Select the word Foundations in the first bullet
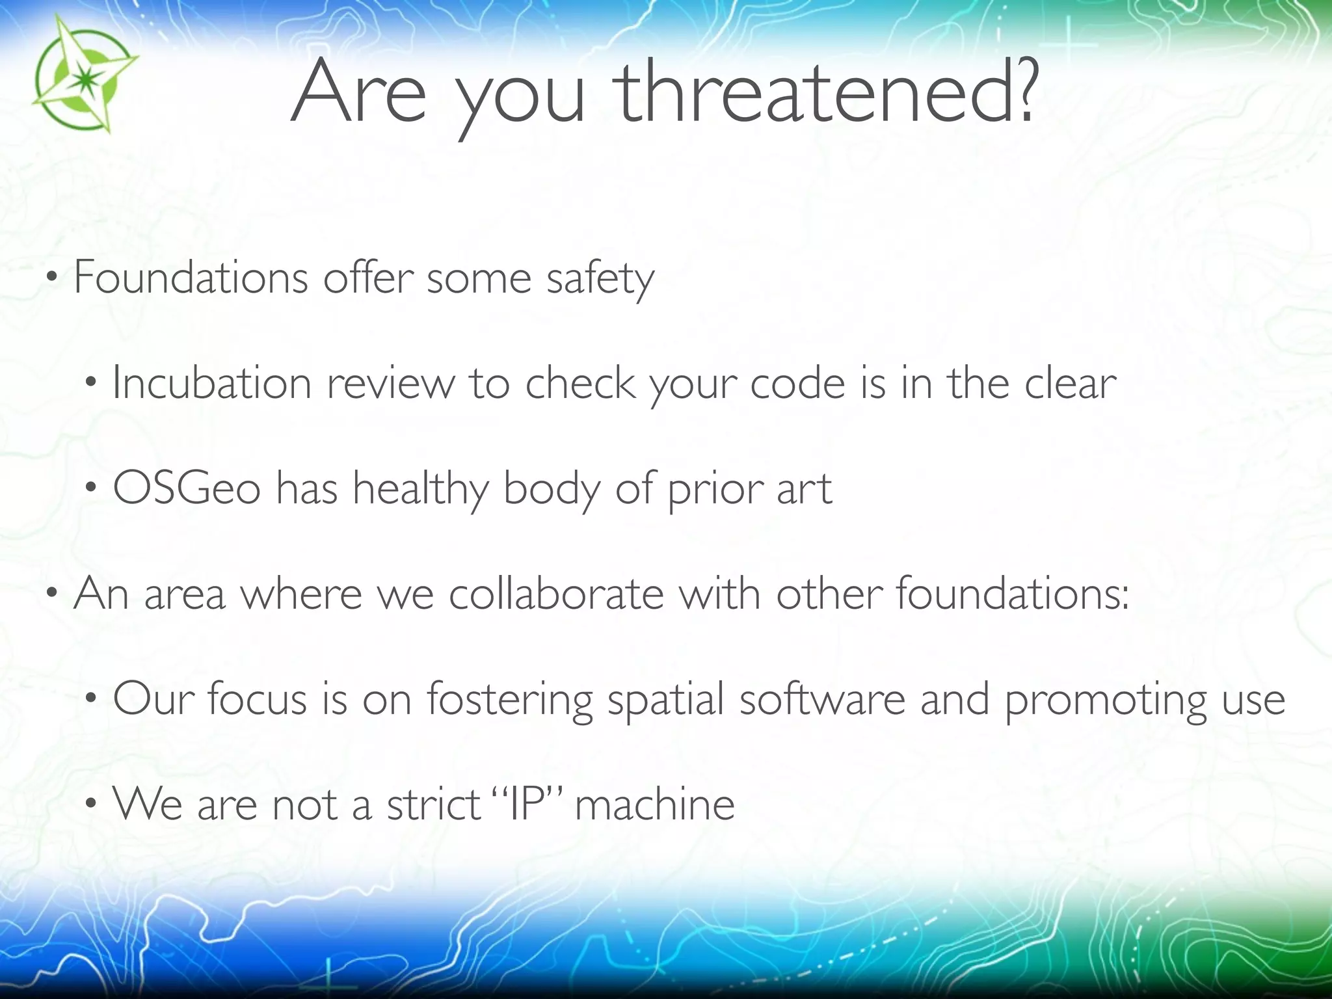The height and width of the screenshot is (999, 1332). pyautogui.click(x=191, y=278)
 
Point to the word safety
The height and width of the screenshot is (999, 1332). pyautogui.click(x=600, y=280)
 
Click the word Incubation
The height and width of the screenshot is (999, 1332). pyautogui.click(x=212, y=383)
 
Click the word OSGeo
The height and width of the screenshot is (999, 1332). pyautogui.click(x=187, y=488)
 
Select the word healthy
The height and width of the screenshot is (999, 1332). pyautogui.click(x=420, y=489)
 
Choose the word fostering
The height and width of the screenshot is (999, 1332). pyautogui.click(x=509, y=700)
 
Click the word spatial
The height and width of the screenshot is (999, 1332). pyautogui.click(x=665, y=700)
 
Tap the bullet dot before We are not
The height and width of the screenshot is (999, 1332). pyautogui.click(x=92, y=805)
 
